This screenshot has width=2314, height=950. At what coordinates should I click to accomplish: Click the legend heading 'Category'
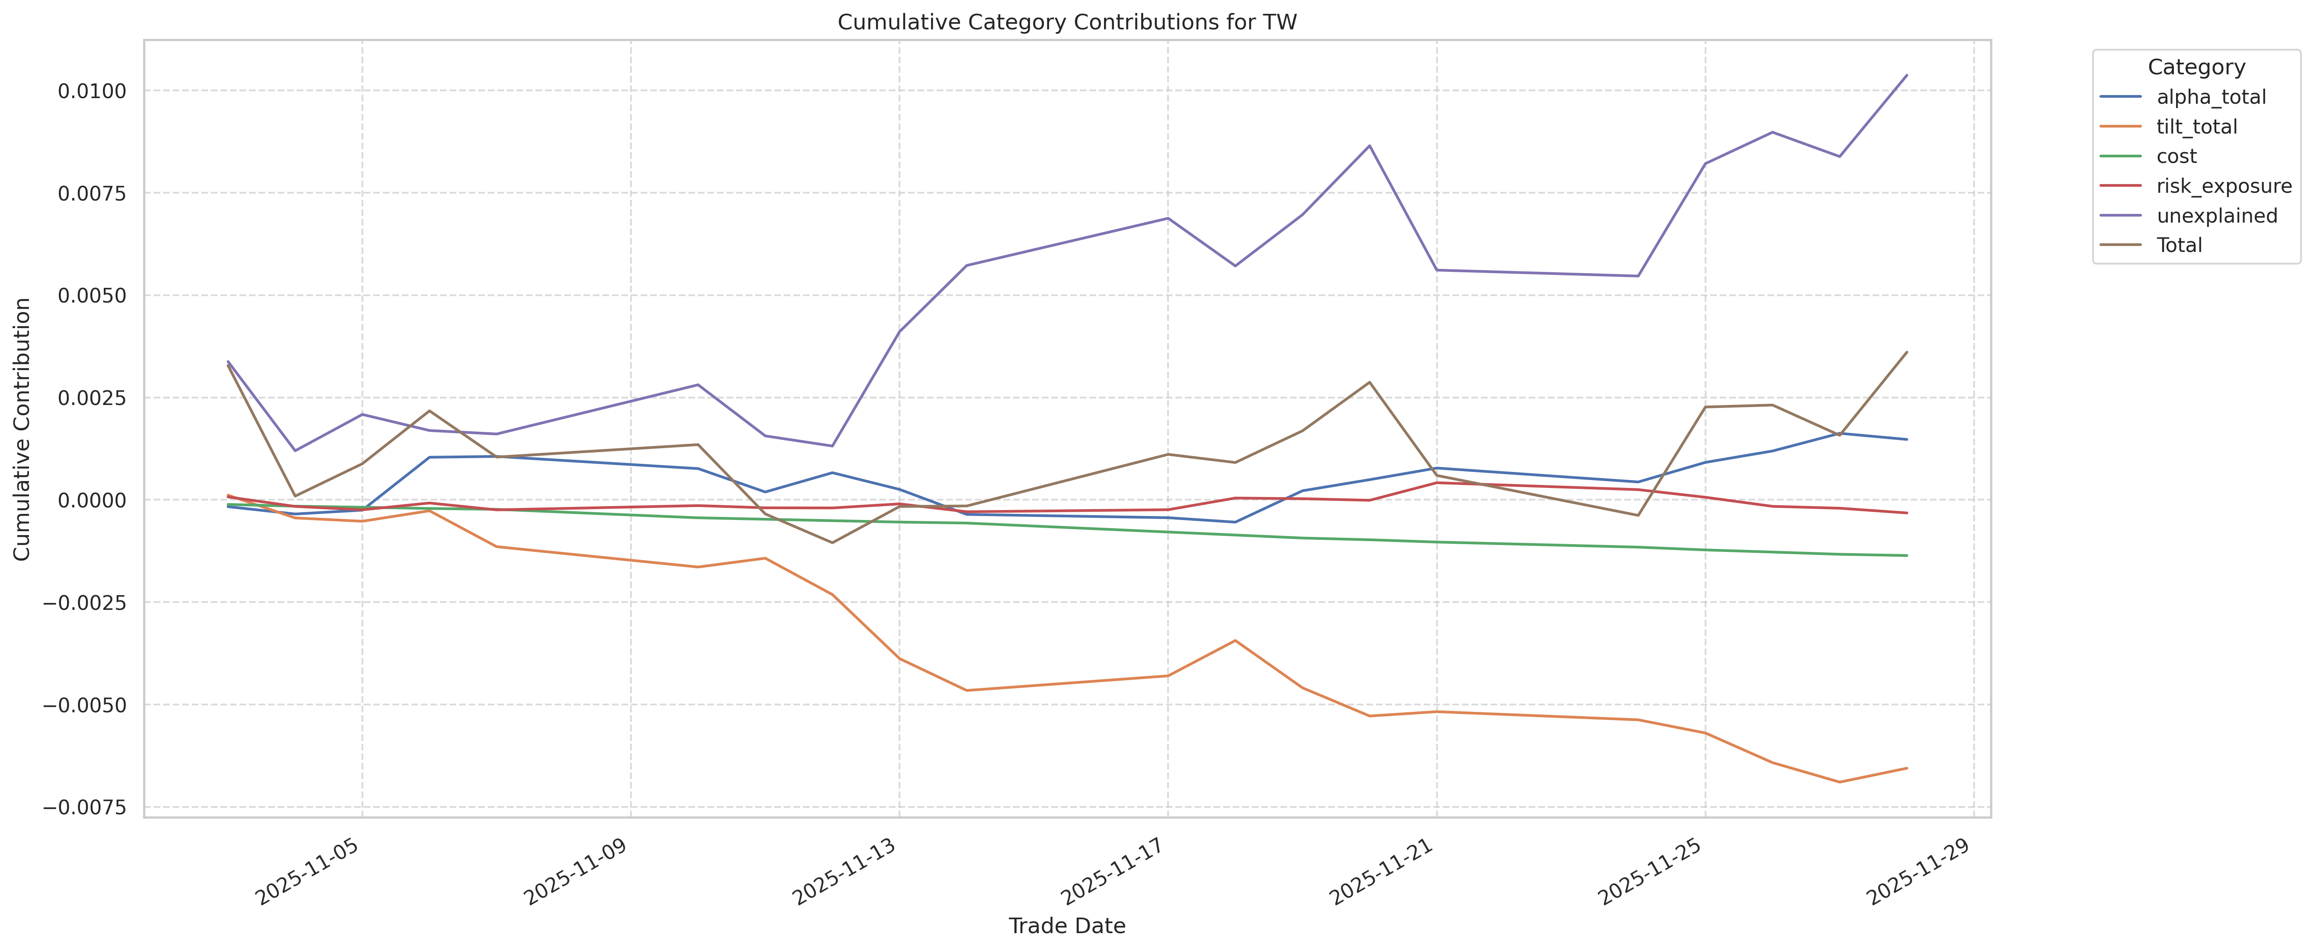(2196, 67)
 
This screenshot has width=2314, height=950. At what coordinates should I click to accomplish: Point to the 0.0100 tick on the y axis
(92, 91)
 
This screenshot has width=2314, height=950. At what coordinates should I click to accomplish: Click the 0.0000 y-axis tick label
(92, 500)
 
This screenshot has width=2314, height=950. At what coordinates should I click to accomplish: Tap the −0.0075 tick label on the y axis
(85, 807)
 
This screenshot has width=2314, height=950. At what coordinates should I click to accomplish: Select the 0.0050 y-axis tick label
(92, 295)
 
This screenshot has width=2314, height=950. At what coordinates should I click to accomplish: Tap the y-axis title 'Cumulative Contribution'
(22, 429)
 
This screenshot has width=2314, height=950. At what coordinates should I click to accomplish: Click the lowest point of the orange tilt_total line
(1839, 782)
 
